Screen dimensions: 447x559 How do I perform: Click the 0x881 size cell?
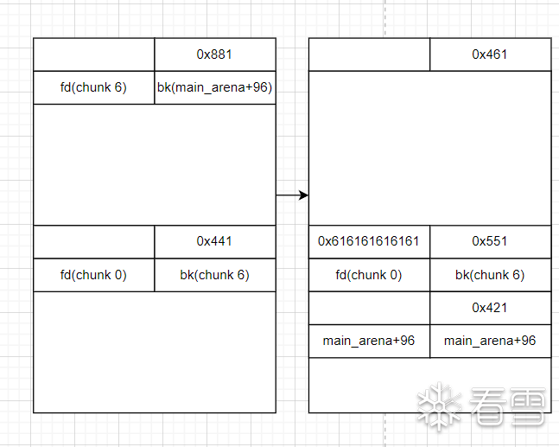click(x=215, y=54)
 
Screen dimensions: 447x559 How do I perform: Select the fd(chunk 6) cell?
click(x=93, y=87)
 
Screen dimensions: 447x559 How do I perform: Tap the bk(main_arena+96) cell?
click(x=215, y=87)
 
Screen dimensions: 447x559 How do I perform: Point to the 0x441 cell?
click(x=215, y=241)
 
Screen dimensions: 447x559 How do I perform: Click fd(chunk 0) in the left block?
click(x=93, y=275)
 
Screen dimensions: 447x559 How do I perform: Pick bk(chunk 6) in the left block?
click(x=215, y=275)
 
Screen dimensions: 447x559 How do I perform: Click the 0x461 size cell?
click(x=490, y=54)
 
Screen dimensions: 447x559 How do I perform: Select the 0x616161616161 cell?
click(x=369, y=241)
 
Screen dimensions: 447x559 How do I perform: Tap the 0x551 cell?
click(x=490, y=241)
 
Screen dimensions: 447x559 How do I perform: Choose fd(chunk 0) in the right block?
click(x=369, y=275)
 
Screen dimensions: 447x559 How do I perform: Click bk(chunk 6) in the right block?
click(x=490, y=275)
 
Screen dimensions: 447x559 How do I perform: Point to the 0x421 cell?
click(x=490, y=308)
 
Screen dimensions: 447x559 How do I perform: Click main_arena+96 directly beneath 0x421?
click(x=490, y=341)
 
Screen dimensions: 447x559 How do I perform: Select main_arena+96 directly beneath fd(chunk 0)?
click(x=369, y=341)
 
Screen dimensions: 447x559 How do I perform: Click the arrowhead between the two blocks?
click(x=303, y=195)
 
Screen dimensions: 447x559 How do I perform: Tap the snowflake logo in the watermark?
click(x=437, y=405)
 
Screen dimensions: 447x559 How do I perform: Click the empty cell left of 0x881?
click(x=93, y=54)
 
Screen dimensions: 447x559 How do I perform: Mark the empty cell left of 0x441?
click(x=93, y=241)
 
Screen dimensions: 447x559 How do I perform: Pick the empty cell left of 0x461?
click(x=369, y=54)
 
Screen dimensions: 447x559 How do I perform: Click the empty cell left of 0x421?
click(x=369, y=308)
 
